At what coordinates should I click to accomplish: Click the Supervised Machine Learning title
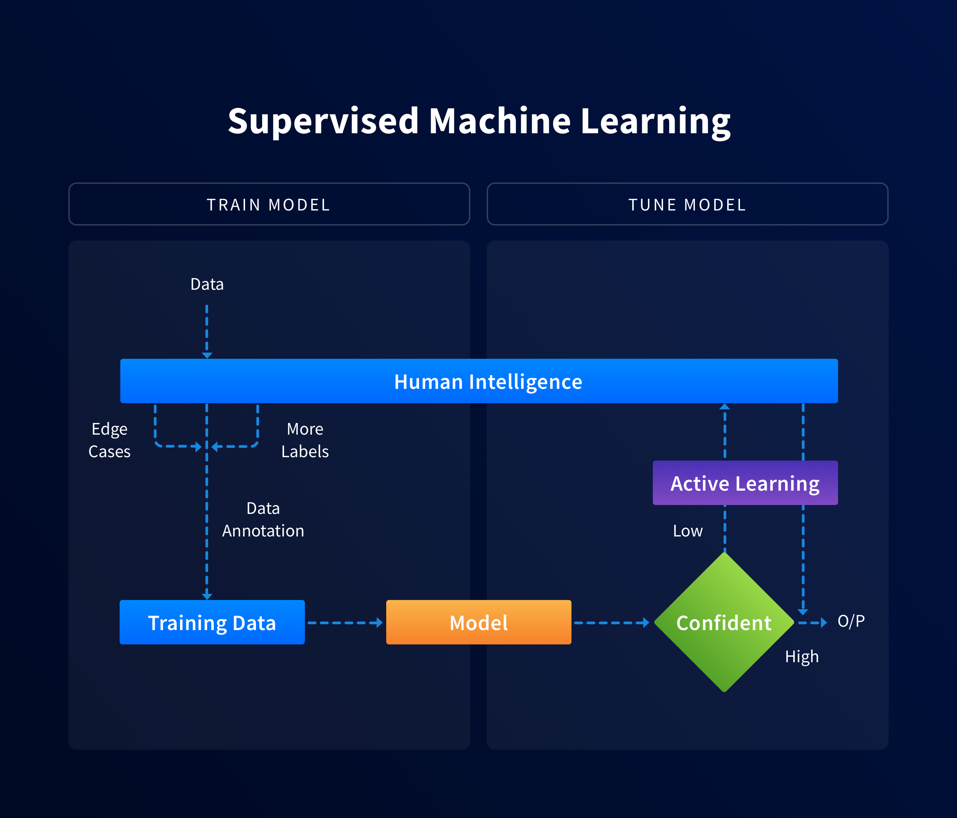478,121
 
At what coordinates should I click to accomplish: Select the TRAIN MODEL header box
269,204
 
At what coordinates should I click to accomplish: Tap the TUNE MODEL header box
687,204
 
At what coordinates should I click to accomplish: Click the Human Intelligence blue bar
478,381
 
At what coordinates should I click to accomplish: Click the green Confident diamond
724,622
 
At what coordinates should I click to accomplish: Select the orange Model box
478,622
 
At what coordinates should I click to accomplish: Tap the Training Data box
212,622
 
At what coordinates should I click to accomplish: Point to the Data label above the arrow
207,284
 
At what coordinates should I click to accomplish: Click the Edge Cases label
109,440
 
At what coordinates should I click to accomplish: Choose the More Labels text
305,440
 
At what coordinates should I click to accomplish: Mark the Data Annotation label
263,519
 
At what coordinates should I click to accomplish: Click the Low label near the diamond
687,531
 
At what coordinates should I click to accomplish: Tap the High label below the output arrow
802,656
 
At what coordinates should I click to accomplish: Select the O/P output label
851,621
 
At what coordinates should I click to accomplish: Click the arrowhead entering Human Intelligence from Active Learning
725,407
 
